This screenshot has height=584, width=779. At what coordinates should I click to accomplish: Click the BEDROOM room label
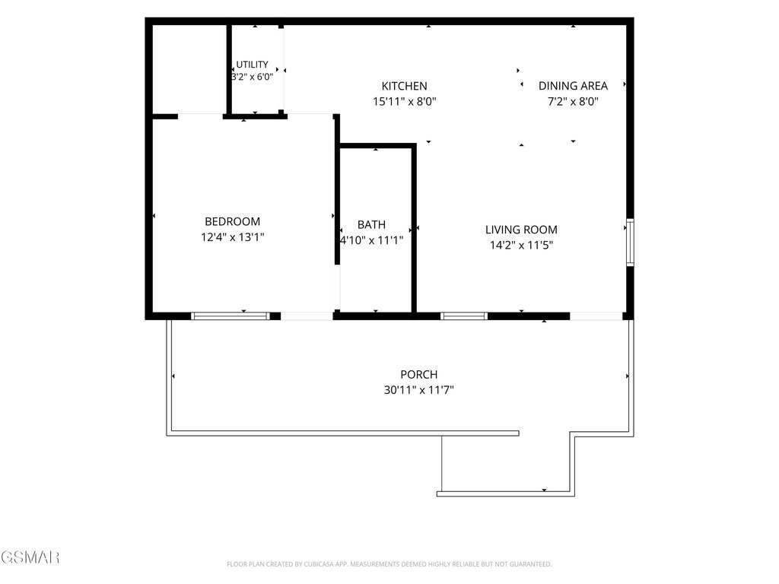point(233,221)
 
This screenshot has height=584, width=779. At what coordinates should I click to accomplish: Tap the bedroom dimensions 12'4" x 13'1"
point(233,237)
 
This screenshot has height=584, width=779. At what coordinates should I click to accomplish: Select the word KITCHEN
point(405,86)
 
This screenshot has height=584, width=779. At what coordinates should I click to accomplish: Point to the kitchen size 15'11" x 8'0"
point(405,102)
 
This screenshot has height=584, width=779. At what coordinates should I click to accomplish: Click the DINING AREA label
point(574,86)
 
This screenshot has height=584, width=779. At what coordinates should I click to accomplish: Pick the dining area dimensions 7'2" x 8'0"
point(574,102)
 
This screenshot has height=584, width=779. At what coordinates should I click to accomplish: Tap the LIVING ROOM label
point(521,230)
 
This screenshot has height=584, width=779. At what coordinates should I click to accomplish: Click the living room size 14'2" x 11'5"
point(521,245)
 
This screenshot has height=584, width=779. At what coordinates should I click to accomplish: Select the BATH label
point(371,224)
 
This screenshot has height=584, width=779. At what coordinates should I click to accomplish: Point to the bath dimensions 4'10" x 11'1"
point(371,240)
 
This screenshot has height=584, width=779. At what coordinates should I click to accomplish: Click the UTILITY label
point(252,65)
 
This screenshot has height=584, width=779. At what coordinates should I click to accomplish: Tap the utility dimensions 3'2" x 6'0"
point(253,77)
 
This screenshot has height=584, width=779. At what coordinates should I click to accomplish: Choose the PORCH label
point(419,374)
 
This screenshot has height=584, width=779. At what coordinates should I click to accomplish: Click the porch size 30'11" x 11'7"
point(419,390)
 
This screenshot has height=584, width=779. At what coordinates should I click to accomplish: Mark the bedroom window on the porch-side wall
point(231,316)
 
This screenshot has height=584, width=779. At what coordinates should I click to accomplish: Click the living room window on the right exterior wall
point(630,243)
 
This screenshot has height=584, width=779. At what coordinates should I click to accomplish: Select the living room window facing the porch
point(463,316)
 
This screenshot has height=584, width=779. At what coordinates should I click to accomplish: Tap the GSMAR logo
point(30,557)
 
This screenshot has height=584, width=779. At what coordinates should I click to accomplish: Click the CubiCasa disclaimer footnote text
point(389,564)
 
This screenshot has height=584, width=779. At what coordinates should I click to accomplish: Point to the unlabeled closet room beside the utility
point(189,69)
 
